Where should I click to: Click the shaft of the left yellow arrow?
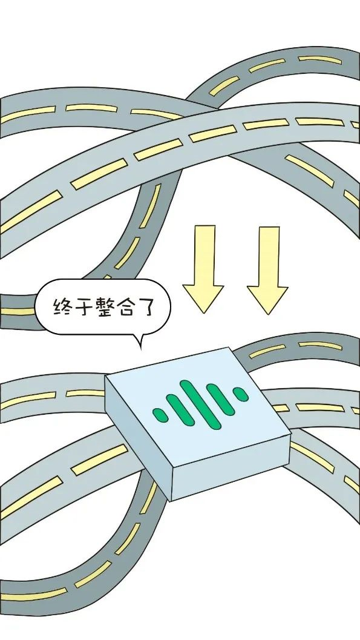(x=205, y=255)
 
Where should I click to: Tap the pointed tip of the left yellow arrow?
(x=203, y=313)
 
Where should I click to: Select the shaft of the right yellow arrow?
(x=269, y=256)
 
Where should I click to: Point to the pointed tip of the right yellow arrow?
(x=268, y=314)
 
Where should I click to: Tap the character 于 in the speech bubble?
(x=83, y=307)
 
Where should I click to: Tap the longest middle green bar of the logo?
(x=200, y=404)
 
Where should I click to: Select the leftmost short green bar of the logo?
(x=160, y=415)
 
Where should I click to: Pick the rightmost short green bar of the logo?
(x=240, y=394)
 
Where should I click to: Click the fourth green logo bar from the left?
(x=221, y=400)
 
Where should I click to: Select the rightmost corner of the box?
(x=290, y=434)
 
